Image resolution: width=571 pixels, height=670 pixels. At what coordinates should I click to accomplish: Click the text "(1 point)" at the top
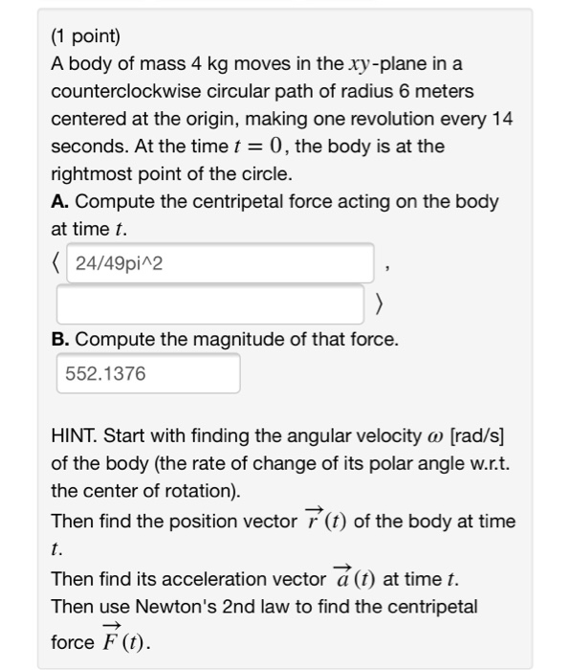point(85,37)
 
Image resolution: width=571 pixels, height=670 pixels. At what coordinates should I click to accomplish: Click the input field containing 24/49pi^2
point(213,262)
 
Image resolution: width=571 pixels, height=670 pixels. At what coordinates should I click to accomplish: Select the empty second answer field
point(210,304)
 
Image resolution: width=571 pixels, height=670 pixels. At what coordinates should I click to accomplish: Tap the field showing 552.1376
point(146,373)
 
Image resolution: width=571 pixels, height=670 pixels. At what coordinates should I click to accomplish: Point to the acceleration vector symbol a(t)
point(353,578)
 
